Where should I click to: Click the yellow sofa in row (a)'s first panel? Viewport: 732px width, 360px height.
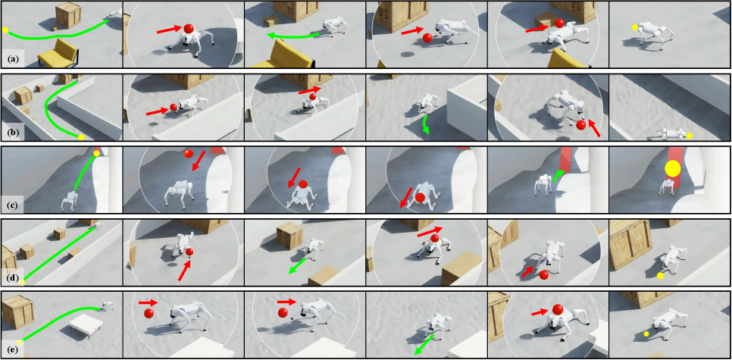click(x=58, y=52)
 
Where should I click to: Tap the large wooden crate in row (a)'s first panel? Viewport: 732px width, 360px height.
click(x=68, y=15)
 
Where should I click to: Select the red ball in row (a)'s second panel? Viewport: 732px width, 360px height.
click(x=188, y=29)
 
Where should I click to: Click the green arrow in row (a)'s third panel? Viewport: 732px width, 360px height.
click(x=292, y=36)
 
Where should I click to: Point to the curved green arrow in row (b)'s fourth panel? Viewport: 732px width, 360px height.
click(x=426, y=124)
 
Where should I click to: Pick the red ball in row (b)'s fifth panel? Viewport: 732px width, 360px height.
click(x=580, y=124)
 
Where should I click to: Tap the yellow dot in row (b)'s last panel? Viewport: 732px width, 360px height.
click(x=689, y=136)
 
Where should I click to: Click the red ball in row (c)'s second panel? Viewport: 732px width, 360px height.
click(x=188, y=154)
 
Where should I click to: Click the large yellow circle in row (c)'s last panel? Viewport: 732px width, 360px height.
click(x=672, y=168)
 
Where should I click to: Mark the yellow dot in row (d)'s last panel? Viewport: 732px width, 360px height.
click(x=660, y=276)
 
